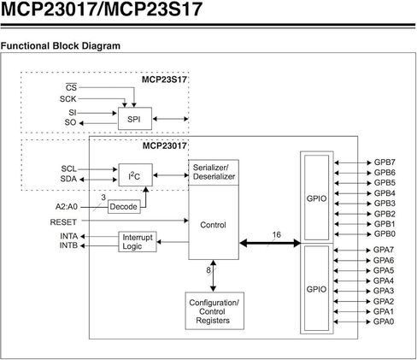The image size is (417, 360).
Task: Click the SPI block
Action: [x=133, y=118]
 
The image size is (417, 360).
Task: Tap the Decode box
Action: [x=122, y=207]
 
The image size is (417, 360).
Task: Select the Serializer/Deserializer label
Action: [x=214, y=171]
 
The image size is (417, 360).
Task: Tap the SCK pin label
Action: [x=68, y=98]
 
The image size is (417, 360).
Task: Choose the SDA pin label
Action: [x=70, y=179]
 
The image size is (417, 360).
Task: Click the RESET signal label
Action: [x=64, y=221]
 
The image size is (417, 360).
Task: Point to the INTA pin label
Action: [x=69, y=235]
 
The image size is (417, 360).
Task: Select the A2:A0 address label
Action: [x=68, y=207]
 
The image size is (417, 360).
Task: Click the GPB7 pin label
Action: [x=385, y=162]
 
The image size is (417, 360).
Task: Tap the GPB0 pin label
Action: [x=385, y=233]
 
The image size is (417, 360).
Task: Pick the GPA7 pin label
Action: [x=385, y=250]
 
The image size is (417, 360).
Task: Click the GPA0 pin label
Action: [x=385, y=322]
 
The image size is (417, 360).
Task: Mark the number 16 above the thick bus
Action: [x=276, y=233]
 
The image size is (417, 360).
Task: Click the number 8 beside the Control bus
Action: [x=208, y=270]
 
